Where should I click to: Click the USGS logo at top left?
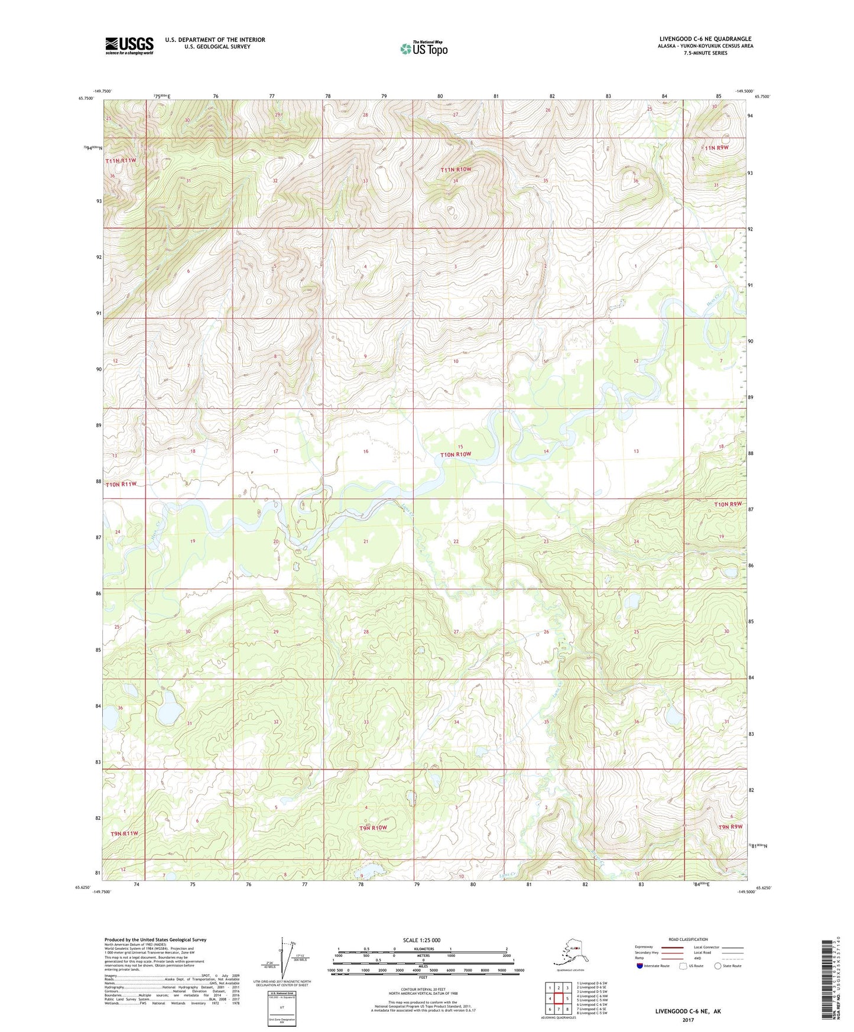[129, 46]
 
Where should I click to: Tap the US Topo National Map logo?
[424, 48]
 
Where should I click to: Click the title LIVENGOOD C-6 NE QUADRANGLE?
[705, 39]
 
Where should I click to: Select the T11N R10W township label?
[456, 170]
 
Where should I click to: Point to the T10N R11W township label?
[121, 484]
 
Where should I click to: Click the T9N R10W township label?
[373, 827]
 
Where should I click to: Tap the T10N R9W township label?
[727, 504]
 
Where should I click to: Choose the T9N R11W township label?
[124, 833]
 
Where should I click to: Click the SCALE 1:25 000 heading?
[421, 940]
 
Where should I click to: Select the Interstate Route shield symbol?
[640, 966]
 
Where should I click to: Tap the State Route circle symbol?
[718, 966]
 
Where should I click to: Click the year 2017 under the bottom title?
[687, 1020]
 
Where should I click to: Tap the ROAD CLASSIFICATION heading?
[688, 939]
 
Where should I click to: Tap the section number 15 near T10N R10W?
[460, 446]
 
